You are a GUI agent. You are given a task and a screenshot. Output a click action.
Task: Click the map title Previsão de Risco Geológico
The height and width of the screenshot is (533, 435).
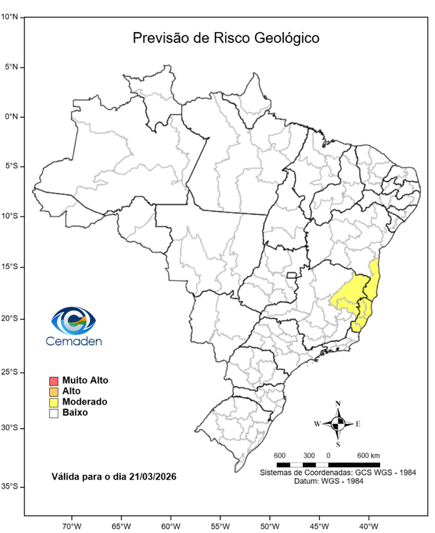coord(226,38)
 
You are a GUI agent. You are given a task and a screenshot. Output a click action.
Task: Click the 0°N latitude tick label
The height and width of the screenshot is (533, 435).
coord(10,117)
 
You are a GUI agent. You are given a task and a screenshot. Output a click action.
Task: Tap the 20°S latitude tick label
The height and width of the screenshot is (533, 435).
coord(9,319)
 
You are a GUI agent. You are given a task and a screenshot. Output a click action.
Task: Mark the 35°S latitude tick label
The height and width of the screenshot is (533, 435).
coord(9,487)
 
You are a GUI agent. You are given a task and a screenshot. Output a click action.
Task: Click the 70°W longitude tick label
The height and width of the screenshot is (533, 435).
coord(72,525)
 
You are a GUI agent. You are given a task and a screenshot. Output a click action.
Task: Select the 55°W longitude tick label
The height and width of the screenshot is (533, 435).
coord(220,525)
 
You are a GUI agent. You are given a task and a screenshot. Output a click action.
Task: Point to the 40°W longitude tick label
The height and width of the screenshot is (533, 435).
coord(368,525)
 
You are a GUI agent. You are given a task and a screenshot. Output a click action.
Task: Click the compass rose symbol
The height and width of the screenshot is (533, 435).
coord(338,423)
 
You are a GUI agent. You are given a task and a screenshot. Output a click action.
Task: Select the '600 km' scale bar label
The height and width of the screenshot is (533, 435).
coord(368,455)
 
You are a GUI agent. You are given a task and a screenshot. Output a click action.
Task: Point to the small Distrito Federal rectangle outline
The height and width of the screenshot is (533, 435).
coord(292,276)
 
